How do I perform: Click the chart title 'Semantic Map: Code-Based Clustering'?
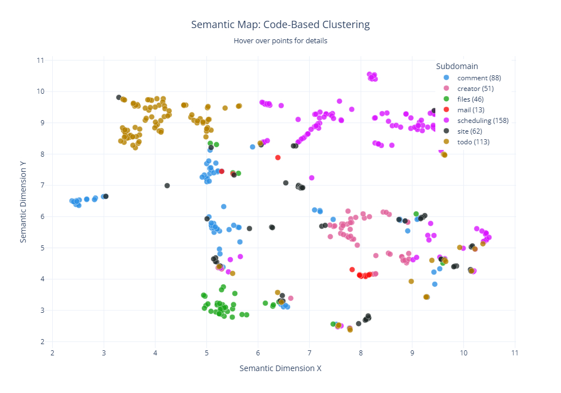click(x=280, y=25)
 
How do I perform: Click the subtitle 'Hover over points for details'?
click(x=280, y=41)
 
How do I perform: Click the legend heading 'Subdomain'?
click(x=457, y=66)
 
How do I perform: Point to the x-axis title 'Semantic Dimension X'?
click(x=280, y=368)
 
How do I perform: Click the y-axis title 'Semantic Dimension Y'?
click(x=24, y=200)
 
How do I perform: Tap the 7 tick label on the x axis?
click(x=310, y=353)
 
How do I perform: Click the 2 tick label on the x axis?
click(x=53, y=353)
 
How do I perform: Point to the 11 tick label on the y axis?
click(x=40, y=60)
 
